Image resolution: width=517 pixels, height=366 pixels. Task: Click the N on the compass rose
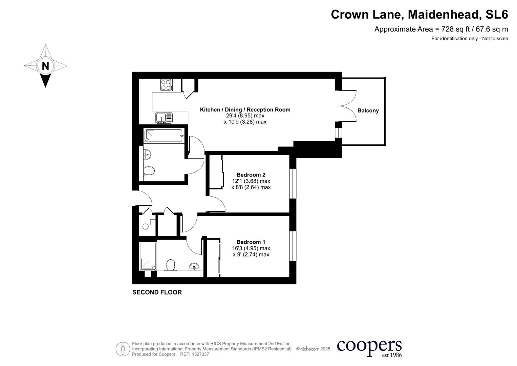click(x=45, y=66)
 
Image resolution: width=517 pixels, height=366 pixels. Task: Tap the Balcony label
click(x=368, y=110)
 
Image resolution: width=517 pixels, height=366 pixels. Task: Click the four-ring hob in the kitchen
click(x=166, y=84)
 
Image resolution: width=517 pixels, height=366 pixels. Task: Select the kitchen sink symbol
click(x=164, y=118)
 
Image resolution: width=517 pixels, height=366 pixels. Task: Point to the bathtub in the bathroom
click(x=164, y=136)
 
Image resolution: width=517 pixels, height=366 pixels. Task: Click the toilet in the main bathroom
click(x=149, y=170)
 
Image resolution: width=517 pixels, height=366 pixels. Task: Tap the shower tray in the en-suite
click(x=148, y=256)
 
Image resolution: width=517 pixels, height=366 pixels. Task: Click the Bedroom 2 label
click(x=251, y=175)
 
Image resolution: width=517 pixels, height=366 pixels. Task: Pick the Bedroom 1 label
click(x=251, y=242)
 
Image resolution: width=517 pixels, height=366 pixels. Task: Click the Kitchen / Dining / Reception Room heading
click(x=245, y=109)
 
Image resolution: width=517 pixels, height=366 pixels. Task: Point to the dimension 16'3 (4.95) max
click(x=251, y=248)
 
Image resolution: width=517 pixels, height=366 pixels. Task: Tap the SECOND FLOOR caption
click(x=157, y=292)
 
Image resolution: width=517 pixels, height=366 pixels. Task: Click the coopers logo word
click(x=369, y=346)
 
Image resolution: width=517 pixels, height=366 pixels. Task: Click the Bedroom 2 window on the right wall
click(x=293, y=183)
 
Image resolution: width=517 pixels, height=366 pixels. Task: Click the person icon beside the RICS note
click(x=123, y=349)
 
